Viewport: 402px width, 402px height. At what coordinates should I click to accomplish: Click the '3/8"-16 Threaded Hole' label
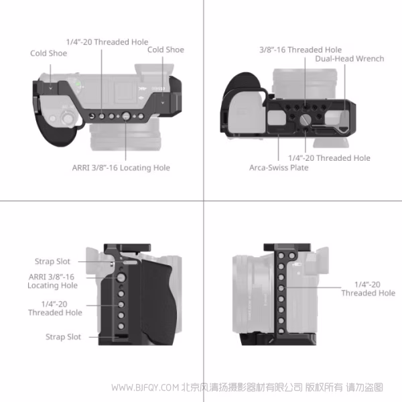[x=300, y=50]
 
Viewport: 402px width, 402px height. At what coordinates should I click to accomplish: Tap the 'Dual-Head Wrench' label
[x=349, y=59]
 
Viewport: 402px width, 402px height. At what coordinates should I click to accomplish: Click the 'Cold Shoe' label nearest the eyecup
[x=48, y=53]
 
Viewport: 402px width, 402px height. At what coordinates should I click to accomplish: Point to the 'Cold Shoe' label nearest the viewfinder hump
[x=165, y=50]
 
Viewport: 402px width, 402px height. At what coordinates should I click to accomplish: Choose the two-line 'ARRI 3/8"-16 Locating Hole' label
[x=52, y=281]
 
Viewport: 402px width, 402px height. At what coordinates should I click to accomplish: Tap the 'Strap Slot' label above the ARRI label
[x=53, y=261]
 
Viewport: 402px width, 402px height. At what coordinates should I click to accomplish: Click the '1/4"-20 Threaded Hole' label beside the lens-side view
[x=368, y=288]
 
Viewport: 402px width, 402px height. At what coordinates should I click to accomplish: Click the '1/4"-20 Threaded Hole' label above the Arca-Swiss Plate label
[x=329, y=158]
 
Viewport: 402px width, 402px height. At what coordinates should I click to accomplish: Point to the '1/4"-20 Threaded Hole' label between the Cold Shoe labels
[x=107, y=42]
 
